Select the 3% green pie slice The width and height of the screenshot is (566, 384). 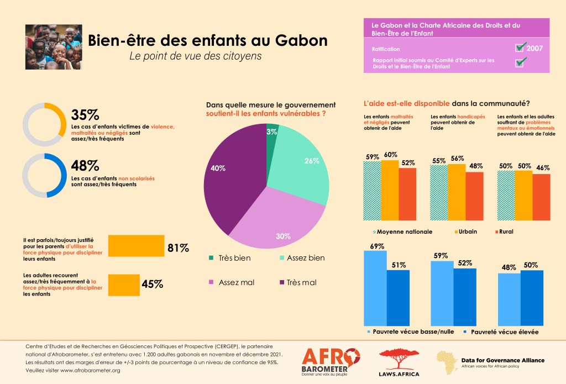271,139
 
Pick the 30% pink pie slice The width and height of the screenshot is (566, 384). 276,221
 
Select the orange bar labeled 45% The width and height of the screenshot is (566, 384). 123,285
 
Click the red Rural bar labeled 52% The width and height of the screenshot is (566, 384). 407,193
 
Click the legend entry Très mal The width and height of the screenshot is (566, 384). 298,282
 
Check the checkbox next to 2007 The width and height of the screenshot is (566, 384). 520,48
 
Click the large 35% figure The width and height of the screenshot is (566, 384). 86,114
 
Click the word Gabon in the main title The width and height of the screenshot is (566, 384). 300,41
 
